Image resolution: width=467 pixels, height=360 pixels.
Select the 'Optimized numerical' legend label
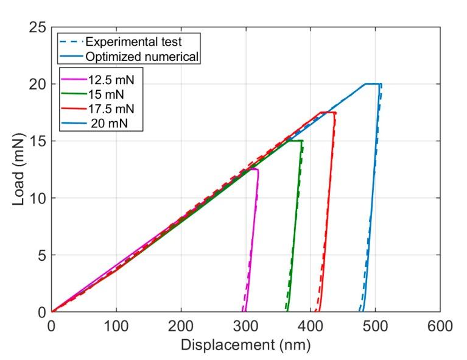click(142, 57)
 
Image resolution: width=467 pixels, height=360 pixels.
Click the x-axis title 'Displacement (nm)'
click(245, 345)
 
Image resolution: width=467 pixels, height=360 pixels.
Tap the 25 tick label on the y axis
click(37, 27)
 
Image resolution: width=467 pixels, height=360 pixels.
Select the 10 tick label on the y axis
click(37, 198)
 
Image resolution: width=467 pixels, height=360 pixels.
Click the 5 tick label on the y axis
click(40, 255)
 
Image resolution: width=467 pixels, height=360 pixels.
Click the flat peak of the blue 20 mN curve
click(373, 84)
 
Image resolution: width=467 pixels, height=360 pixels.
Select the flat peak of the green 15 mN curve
click(295, 141)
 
